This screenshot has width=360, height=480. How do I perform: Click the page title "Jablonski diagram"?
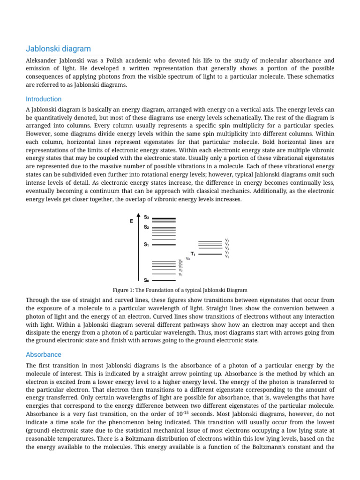pyautogui.click(x=58, y=49)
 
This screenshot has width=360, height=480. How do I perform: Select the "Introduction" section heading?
pyautogui.click(x=44, y=99)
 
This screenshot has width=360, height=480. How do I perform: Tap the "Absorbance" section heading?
pyautogui.click(x=44, y=354)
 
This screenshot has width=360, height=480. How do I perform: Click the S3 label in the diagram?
pyautogui.click(x=147, y=217)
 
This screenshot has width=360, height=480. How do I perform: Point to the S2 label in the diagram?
pyautogui.click(x=147, y=227)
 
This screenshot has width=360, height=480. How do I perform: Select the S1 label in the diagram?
pyautogui.click(x=147, y=244)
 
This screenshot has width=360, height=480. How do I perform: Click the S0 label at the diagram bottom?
pyautogui.click(x=147, y=280)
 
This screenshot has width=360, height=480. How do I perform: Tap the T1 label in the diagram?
pyautogui.click(x=193, y=254)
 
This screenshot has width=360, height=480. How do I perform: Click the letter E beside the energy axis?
pyautogui.click(x=132, y=221)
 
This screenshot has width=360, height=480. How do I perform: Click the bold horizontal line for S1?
pyautogui.click(x=164, y=245)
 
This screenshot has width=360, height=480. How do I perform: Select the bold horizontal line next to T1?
pyautogui.click(x=210, y=254)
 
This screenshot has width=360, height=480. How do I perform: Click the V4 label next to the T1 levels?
pyautogui.click(x=227, y=240)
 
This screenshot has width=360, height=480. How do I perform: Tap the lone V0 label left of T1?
pyautogui.click(x=188, y=258)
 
